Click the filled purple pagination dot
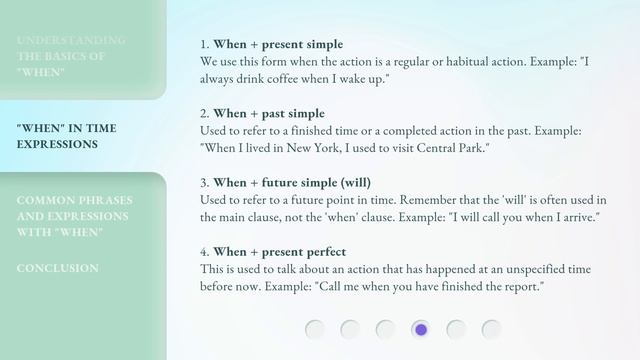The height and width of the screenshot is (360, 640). (x=421, y=329)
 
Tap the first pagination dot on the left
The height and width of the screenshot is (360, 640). (x=315, y=329)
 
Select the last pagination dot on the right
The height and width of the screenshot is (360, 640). (x=491, y=329)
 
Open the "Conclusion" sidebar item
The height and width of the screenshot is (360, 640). (x=57, y=268)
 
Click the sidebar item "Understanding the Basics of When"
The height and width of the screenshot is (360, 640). (x=71, y=56)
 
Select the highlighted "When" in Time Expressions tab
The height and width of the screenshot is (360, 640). (x=65, y=136)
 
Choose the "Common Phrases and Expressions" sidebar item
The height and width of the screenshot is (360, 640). (x=74, y=216)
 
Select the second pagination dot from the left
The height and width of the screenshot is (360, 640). (x=350, y=329)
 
